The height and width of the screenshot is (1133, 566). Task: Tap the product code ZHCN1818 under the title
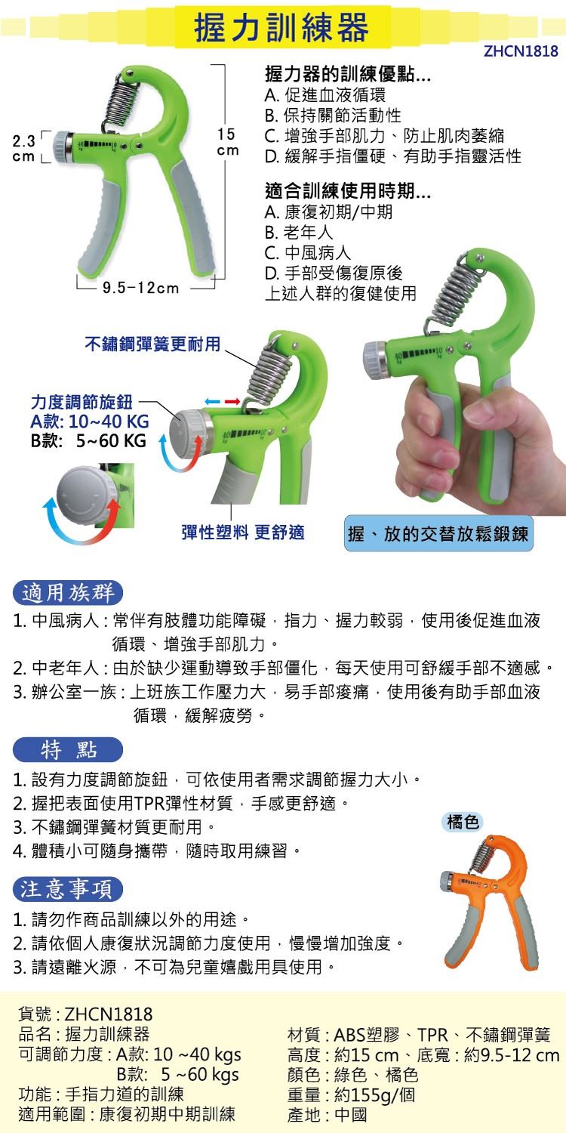coord(521,52)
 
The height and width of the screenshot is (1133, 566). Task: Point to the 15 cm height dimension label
coord(227,142)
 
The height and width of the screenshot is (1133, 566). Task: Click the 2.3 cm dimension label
coord(24,149)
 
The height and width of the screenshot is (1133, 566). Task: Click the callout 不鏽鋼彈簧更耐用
coord(152,344)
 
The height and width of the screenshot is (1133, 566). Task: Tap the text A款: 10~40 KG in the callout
coord(89,422)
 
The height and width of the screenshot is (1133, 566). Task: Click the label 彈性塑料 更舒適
coord(243,532)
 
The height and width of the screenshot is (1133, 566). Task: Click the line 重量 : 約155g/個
coord(351,1094)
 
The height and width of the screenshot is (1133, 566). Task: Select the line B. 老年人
coord(299,233)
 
